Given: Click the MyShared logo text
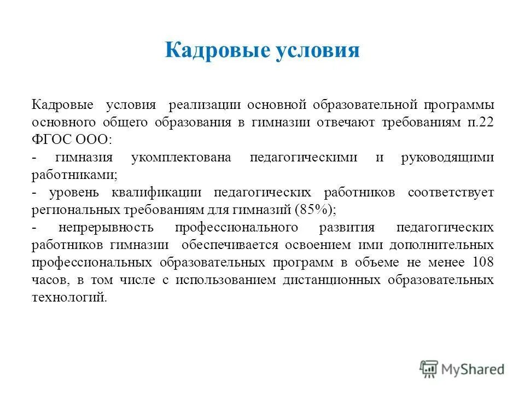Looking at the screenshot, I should pyautogui.click(x=473, y=369).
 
